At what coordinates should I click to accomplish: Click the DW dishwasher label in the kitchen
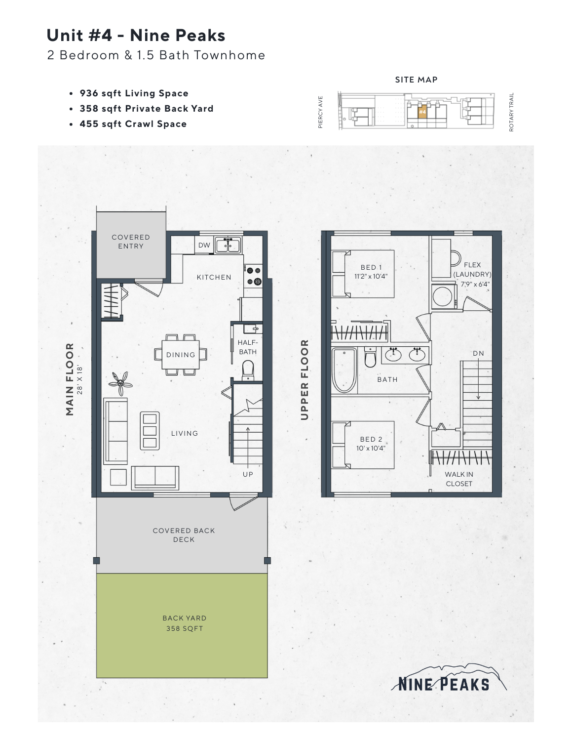[x=204, y=245]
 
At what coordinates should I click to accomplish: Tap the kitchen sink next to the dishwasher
[x=228, y=245]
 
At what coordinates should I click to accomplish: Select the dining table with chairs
[x=181, y=355]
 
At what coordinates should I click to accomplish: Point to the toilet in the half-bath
[x=247, y=370]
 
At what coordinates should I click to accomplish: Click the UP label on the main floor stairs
[x=248, y=474]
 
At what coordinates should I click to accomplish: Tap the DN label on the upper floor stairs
[x=478, y=353]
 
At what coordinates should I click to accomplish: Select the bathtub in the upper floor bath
[x=344, y=370]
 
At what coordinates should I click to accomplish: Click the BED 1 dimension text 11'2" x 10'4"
[x=371, y=277]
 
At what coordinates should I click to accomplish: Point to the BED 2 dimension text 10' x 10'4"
[x=371, y=449]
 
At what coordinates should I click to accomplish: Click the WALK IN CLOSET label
[x=459, y=479]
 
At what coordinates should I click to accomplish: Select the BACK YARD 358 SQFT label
[x=185, y=623]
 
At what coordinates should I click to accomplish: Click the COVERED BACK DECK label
[x=184, y=535]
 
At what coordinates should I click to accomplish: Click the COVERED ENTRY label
[x=131, y=242]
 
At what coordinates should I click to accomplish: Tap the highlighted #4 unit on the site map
[x=422, y=112]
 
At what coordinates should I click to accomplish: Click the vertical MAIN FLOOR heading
[x=70, y=379]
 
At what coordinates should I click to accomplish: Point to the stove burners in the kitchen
[x=254, y=276]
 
